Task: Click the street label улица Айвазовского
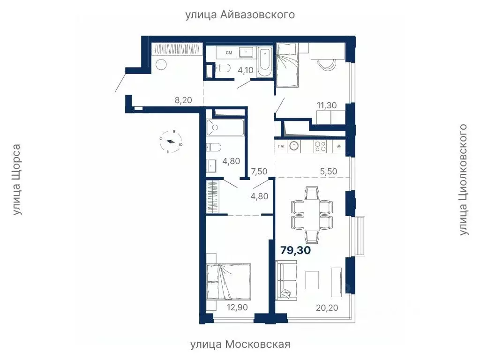click(240, 15)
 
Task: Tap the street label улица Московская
click(240, 345)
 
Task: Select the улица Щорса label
click(17, 180)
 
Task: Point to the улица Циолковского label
click(464, 180)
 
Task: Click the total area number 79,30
click(295, 250)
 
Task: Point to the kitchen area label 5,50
click(328, 172)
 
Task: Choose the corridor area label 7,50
click(259, 172)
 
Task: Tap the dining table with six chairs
click(312, 214)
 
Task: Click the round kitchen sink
click(294, 146)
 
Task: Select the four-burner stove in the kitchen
click(320, 146)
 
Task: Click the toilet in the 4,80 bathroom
click(214, 148)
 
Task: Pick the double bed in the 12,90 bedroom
click(228, 281)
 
